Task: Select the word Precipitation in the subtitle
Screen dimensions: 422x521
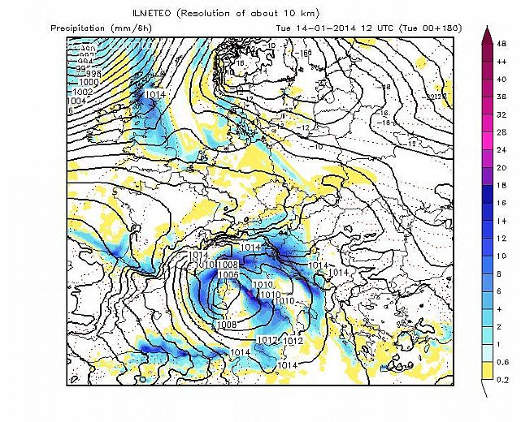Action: coord(78,28)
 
